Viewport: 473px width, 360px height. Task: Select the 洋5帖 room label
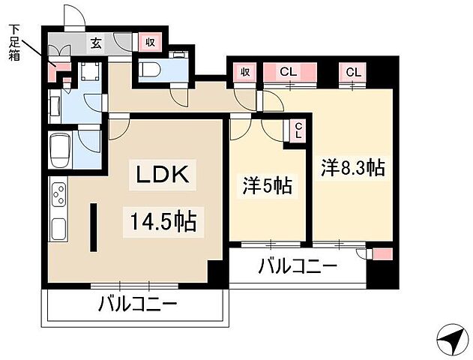tap(266, 184)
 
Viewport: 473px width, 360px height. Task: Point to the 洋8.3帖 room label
tap(353, 167)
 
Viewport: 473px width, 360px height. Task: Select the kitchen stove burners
tap(58, 197)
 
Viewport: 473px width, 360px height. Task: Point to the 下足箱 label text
tap(15, 41)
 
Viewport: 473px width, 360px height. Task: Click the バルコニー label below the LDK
tap(138, 304)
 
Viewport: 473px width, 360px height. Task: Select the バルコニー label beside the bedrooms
tap(298, 266)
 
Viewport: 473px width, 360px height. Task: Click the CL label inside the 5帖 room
tap(298, 132)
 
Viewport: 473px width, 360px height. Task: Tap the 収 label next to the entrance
tap(150, 43)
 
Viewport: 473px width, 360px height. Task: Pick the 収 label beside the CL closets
tap(244, 72)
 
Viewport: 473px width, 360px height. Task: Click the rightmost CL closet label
tap(353, 72)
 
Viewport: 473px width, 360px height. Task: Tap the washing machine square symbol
tap(91, 71)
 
